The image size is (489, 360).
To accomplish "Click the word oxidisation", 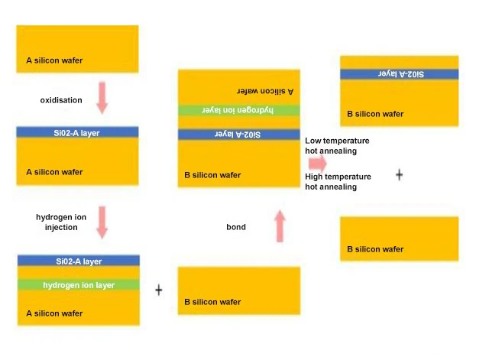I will click(x=61, y=100).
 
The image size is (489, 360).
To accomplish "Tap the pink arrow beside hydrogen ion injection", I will click(x=102, y=222).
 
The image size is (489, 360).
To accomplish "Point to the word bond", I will click(x=236, y=228).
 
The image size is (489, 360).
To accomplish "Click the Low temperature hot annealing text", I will click(x=337, y=146).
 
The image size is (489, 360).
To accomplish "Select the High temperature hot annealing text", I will click(x=338, y=182).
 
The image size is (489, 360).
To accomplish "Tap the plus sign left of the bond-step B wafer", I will click(x=159, y=290).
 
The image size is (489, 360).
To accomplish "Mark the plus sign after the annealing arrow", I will click(x=399, y=175).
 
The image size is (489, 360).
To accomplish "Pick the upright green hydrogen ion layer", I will click(x=78, y=285).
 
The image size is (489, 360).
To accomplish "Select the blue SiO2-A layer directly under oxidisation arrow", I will click(x=77, y=132).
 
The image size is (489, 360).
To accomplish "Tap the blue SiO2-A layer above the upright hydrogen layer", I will click(x=78, y=261).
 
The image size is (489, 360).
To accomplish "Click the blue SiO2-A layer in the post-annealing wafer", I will click(x=399, y=74).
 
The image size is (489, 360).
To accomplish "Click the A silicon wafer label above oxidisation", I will click(x=54, y=60).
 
